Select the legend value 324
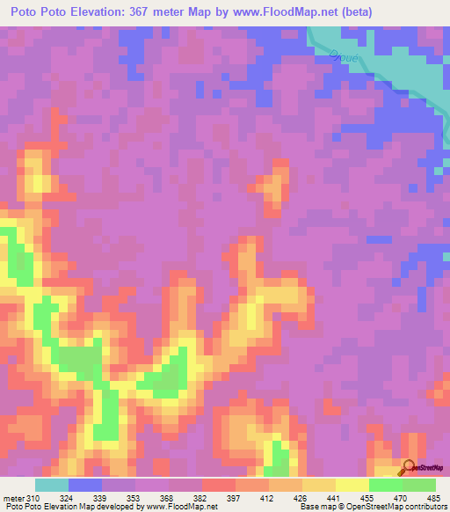click(x=65, y=499)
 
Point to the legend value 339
click(x=99, y=499)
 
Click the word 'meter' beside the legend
click(x=13, y=499)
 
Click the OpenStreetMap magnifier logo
click(x=410, y=469)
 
